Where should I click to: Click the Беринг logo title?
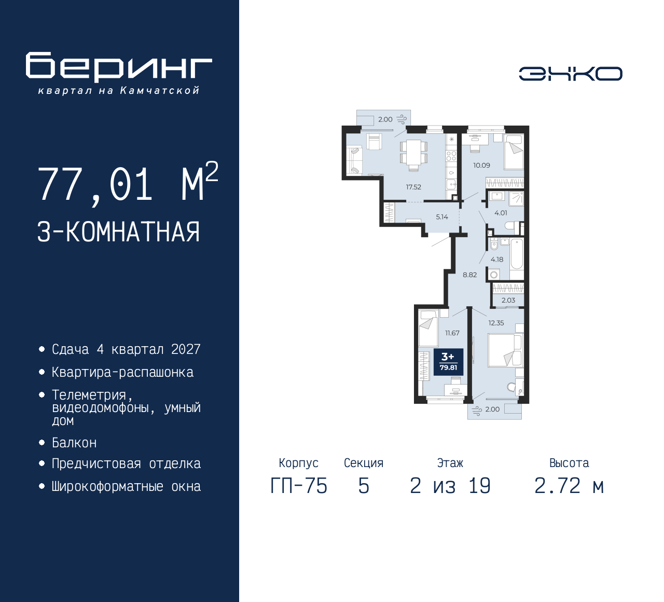[119, 67]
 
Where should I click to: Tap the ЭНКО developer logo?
[570, 74]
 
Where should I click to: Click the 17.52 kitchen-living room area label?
[413, 187]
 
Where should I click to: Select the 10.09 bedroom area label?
[481, 165]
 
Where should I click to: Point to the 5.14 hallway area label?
[442, 217]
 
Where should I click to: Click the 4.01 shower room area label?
[501, 213]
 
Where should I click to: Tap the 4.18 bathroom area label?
[497, 259]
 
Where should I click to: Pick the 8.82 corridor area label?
[469, 275]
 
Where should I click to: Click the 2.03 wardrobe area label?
[508, 300]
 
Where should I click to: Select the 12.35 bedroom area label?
[496, 323]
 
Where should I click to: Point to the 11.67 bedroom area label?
[452, 333]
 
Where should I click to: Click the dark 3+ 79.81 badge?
[449, 362]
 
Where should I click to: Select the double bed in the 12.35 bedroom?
[506, 350]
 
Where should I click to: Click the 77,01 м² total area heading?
[128, 183]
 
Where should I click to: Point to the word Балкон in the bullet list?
[74, 443]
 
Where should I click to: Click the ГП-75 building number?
[299, 486]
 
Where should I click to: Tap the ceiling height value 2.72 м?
[570, 486]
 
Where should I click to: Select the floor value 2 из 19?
[450, 486]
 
